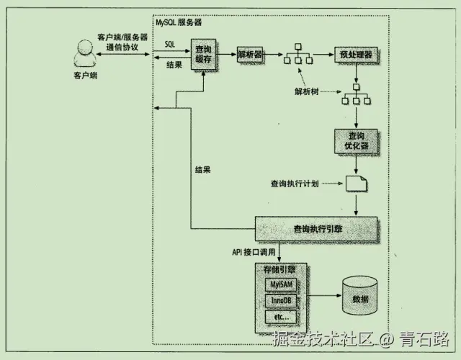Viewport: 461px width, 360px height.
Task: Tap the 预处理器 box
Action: point(355,55)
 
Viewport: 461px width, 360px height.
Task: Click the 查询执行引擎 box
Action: point(316,228)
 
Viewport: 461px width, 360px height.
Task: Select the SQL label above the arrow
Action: point(169,44)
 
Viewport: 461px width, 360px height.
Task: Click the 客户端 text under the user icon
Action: point(84,75)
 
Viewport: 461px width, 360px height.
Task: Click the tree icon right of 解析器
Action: point(297,55)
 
